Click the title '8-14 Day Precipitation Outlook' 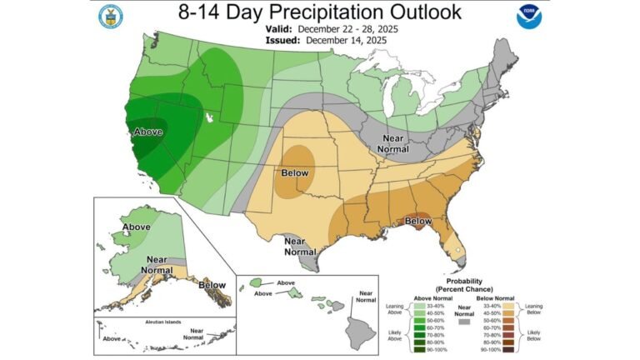tap(319, 12)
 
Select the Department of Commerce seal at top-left tap(110, 17)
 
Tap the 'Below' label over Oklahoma tap(294, 172)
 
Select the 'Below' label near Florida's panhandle tap(417, 221)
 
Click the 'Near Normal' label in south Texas tap(300, 246)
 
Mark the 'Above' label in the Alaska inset tap(136, 227)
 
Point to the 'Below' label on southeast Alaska tap(212, 285)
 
